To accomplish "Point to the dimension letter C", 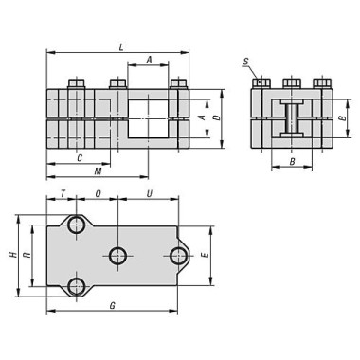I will tap(80, 157).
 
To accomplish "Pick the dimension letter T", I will tap(63, 193).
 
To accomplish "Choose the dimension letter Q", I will tap(99, 193).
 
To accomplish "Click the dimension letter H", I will tap(12, 256).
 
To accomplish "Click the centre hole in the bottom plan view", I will tap(117, 255).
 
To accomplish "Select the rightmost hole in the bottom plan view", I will tap(177, 255).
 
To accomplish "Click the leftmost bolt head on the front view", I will tap(76, 83).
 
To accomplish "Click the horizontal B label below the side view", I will tap(292, 162).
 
